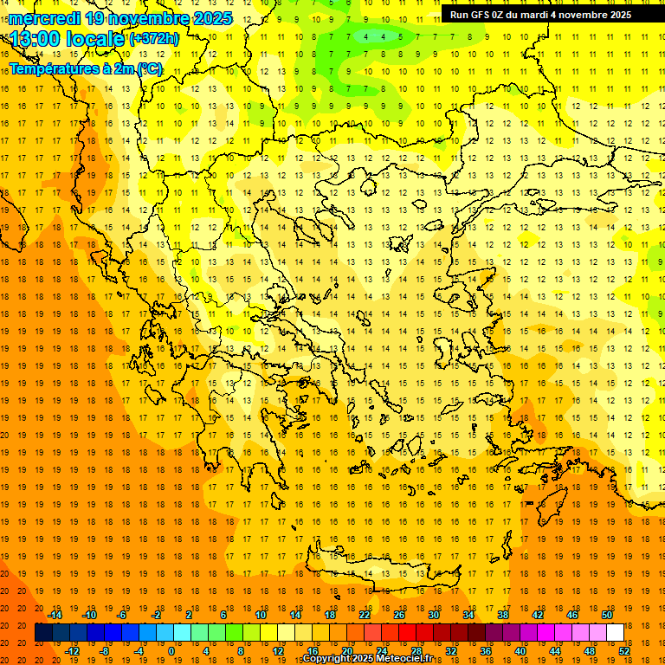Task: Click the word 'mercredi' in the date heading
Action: pos(44,18)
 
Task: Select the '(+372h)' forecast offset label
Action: pos(154,39)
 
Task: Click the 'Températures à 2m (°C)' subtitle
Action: pos(85,68)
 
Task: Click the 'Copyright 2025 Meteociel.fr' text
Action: pos(367,659)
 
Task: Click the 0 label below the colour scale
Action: pos(171,650)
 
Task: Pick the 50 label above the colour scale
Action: pos(607,615)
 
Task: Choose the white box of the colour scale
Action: pos(615,633)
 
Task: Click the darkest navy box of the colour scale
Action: pos(43,633)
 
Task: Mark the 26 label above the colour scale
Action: pos(399,615)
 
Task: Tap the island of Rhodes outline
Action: pos(552,508)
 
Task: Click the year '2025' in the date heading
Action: pos(211,18)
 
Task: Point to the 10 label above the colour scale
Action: pos(261,615)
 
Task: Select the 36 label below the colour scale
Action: pos(486,650)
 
